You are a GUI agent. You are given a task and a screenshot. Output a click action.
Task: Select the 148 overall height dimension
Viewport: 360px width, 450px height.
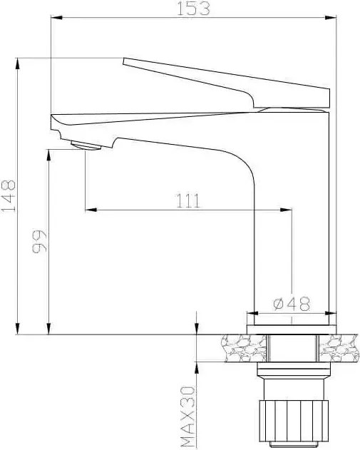coord(9,195)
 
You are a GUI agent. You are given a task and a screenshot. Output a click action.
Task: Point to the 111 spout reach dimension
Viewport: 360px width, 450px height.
coord(187,201)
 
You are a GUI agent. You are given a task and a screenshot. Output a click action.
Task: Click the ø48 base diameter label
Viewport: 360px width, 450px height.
coord(292,304)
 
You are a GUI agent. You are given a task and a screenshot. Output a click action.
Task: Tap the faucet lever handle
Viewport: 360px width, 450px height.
coord(228,82)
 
